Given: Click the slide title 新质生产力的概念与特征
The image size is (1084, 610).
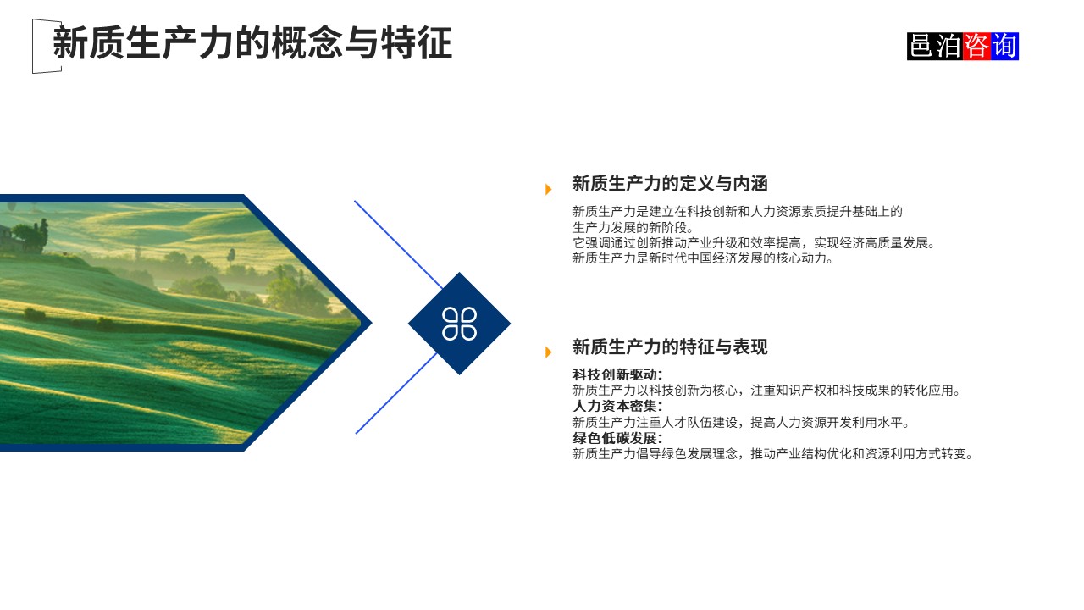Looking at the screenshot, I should (x=252, y=44).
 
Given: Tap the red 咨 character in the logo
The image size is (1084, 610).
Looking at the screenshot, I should (x=976, y=47).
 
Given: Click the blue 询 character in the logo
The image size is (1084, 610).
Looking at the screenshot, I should (x=1004, y=47).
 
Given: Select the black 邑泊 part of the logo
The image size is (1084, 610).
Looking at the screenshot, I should (x=935, y=47).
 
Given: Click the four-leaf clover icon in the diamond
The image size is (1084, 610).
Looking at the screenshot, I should (x=459, y=324).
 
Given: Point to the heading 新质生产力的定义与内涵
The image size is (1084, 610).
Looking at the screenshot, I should (x=669, y=184).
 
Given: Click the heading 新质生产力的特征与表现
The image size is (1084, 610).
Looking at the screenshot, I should (x=669, y=347).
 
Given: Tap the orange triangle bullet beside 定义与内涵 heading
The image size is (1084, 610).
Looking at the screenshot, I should (x=549, y=189).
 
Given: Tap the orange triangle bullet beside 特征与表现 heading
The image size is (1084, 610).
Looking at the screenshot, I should (x=549, y=352).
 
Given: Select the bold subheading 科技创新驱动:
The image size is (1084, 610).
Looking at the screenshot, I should (x=617, y=374).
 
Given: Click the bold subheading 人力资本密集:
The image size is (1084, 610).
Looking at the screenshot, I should (x=617, y=406).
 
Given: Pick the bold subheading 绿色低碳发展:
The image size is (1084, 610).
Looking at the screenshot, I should (x=617, y=438).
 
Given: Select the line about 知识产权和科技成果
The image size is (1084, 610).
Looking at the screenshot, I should (x=767, y=391).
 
